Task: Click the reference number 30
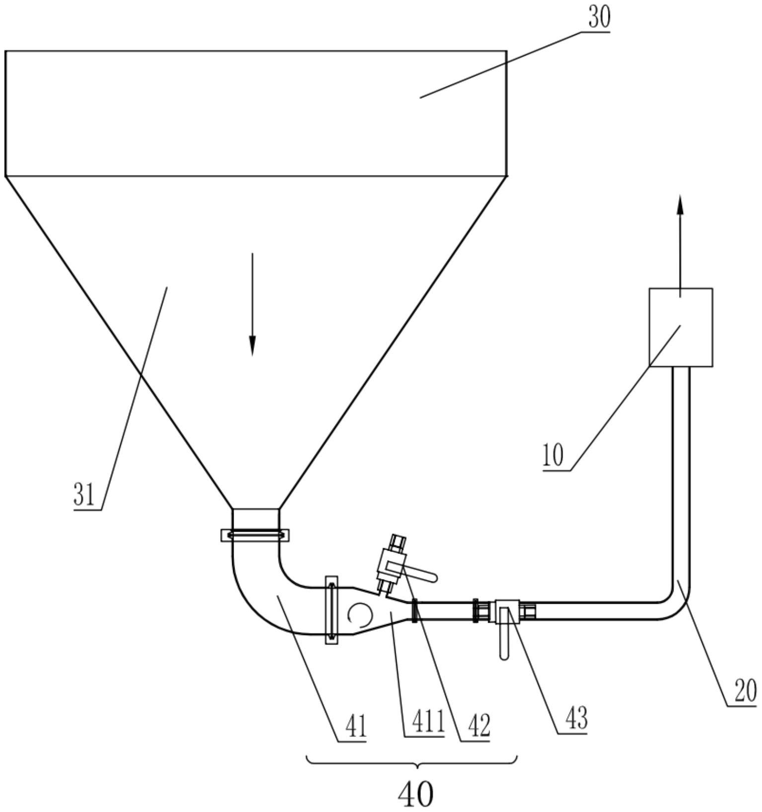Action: (599, 18)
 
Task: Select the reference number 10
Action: (553, 455)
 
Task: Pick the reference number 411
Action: (424, 723)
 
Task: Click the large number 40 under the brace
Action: (416, 794)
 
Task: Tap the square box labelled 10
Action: (681, 327)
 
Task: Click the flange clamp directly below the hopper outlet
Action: (255, 535)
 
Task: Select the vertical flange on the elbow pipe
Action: (331, 610)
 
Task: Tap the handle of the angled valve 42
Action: (421, 576)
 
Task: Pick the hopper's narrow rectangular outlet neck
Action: (255, 518)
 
